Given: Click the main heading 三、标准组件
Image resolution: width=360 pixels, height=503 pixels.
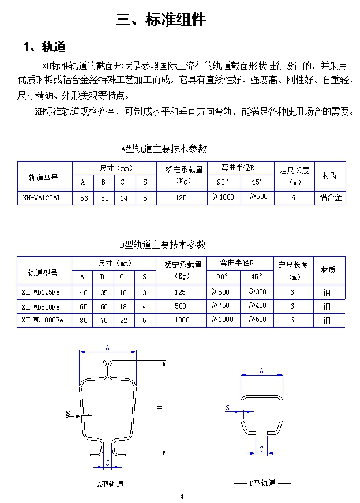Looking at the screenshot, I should (x=160, y=20).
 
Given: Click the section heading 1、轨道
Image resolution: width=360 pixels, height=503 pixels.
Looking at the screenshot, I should (x=44, y=47).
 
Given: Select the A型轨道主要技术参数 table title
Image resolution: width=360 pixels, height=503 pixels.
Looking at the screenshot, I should (x=164, y=149).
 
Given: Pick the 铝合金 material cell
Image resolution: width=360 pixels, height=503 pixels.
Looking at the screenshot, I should (x=331, y=197).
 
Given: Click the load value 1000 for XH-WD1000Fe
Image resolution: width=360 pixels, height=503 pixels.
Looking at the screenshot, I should (x=181, y=320).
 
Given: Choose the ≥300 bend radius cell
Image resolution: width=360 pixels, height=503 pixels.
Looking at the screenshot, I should (x=257, y=292).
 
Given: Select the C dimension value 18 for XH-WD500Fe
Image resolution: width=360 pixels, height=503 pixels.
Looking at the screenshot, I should (x=123, y=306).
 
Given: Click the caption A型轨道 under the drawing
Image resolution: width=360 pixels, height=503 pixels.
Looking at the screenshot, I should (x=110, y=484).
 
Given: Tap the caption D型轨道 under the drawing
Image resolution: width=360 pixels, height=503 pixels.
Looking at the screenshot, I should (x=262, y=483).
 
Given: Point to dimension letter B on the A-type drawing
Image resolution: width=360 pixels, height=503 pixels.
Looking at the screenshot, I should (x=160, y=407).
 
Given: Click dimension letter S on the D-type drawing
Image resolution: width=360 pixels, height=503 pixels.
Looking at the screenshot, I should (x=227, y=408).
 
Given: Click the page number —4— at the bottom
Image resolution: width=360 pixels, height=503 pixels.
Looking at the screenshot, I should (x=181, y=497).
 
